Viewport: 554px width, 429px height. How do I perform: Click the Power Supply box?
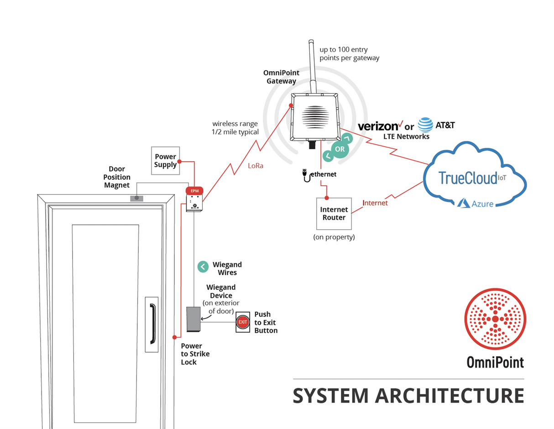pos(165,160)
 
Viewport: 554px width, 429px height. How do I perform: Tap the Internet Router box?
pos(334,214)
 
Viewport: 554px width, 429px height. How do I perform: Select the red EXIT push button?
pos(243,322)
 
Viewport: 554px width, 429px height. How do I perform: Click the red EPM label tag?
pos(194,190)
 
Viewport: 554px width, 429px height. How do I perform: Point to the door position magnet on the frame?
pos(137,198)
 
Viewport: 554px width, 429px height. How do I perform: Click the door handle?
pos(152,324)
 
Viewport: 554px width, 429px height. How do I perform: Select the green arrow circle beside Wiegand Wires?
pos(203,267)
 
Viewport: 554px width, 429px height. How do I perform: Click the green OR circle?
pos(340,149)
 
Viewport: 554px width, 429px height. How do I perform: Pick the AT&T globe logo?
pos(425,125)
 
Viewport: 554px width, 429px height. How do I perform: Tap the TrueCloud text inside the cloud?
pos(468,178)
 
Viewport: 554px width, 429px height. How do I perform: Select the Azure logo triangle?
pos(464,203)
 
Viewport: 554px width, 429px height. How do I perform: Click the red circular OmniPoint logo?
pos(495,319)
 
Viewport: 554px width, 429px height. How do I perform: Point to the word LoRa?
pos(255,166)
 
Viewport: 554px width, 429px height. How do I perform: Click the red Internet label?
pos(375,203)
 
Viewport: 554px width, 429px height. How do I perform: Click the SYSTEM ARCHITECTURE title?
pos(408,396)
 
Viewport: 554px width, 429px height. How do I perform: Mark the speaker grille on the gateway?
pos(314,116)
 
